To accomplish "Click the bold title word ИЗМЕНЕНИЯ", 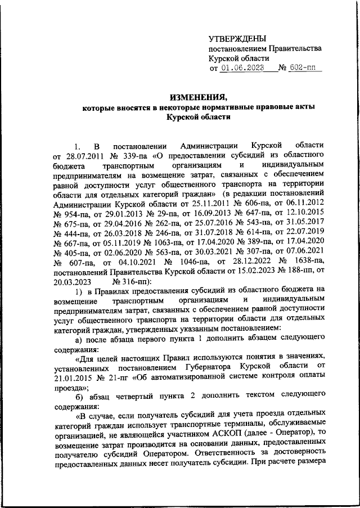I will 195,95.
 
